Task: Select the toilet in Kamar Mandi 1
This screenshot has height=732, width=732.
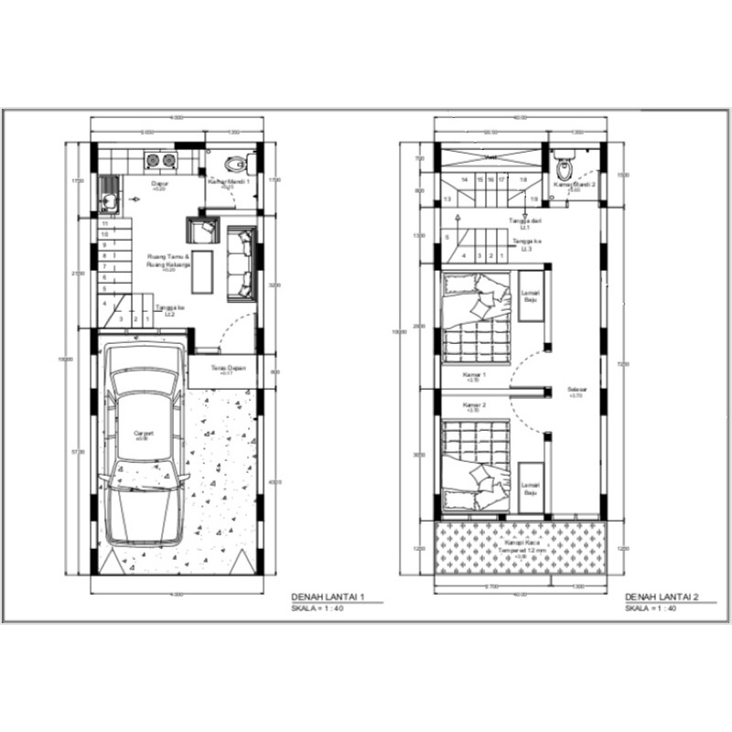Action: coord(236,166)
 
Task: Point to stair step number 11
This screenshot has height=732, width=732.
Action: coord(105,223)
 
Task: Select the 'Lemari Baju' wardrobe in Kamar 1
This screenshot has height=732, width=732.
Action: coord(530,296)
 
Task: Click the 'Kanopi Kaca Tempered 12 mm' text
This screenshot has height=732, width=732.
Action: coord(518,546)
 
